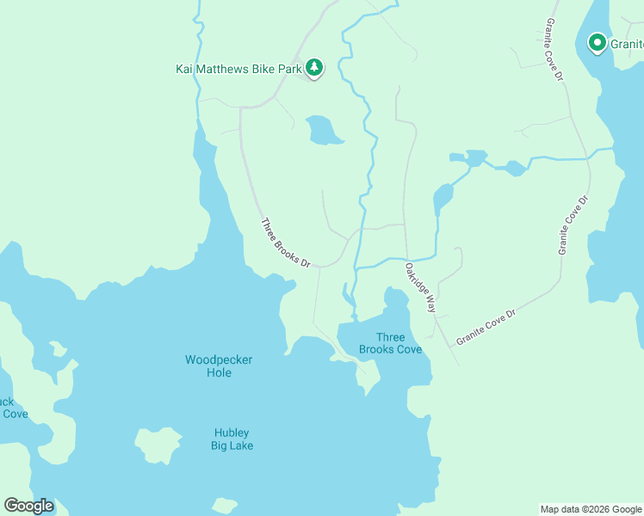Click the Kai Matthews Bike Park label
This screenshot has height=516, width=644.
238,67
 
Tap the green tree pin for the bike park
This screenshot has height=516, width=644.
314,67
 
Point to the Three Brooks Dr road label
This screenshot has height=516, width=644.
285,243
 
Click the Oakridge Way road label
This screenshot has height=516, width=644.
421,287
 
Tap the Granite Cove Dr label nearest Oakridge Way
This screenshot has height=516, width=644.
486,328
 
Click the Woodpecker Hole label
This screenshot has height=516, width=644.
219,365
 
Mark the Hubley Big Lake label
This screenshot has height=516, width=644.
232,439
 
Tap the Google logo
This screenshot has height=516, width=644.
28,506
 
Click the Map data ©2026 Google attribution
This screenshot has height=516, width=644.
590,509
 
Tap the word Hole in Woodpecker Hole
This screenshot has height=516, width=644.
219,372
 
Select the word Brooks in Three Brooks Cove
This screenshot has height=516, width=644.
379,349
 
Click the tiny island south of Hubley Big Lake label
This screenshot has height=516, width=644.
225,506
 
